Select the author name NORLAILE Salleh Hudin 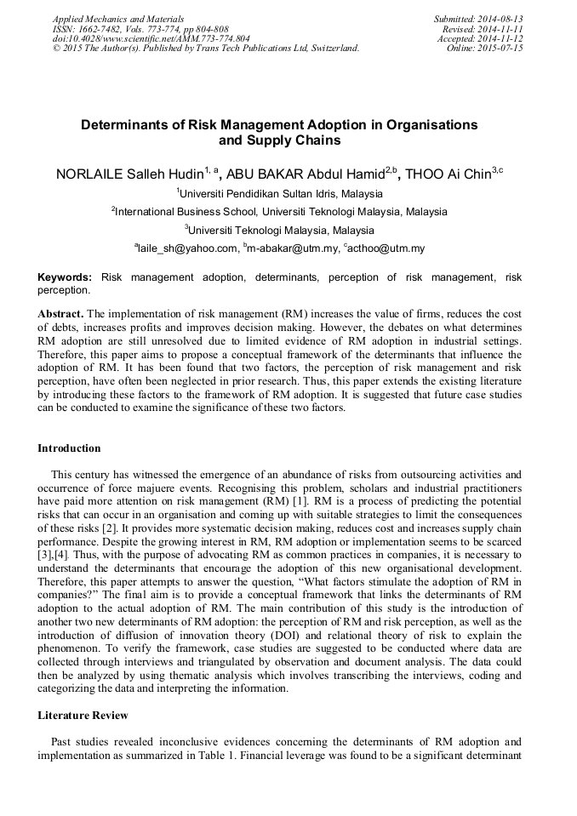[x=133, y=174]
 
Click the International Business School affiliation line [x=281, y=212]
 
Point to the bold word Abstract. [x=60, y=313]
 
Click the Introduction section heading [x=69, y=448]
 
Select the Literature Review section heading [x=83, y=716]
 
